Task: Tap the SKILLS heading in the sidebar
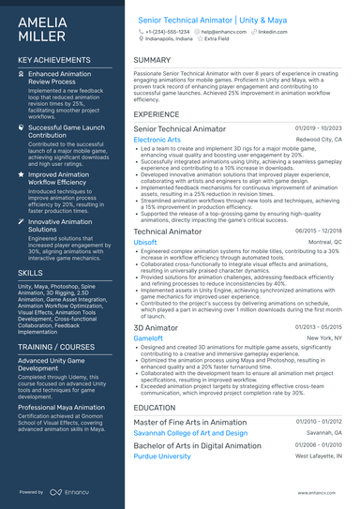pyautogui.click(x=29, y=272)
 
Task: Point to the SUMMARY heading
pyautogui.click(x=152, y=60)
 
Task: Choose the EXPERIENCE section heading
pyautogui.click(x=157, y=113)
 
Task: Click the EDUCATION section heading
pyautogui.click(x=155, y=408)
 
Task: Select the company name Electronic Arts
pyautogui.click(x=157, y=140)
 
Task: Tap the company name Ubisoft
pyautogui.click(x=145, y=241)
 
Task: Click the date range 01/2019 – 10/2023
pyautogui.click(x=319, y=127)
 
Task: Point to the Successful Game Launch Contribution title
pyautogui.click(x=66, y=131)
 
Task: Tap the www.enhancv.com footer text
pyautogui.click(x=308, y=492)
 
